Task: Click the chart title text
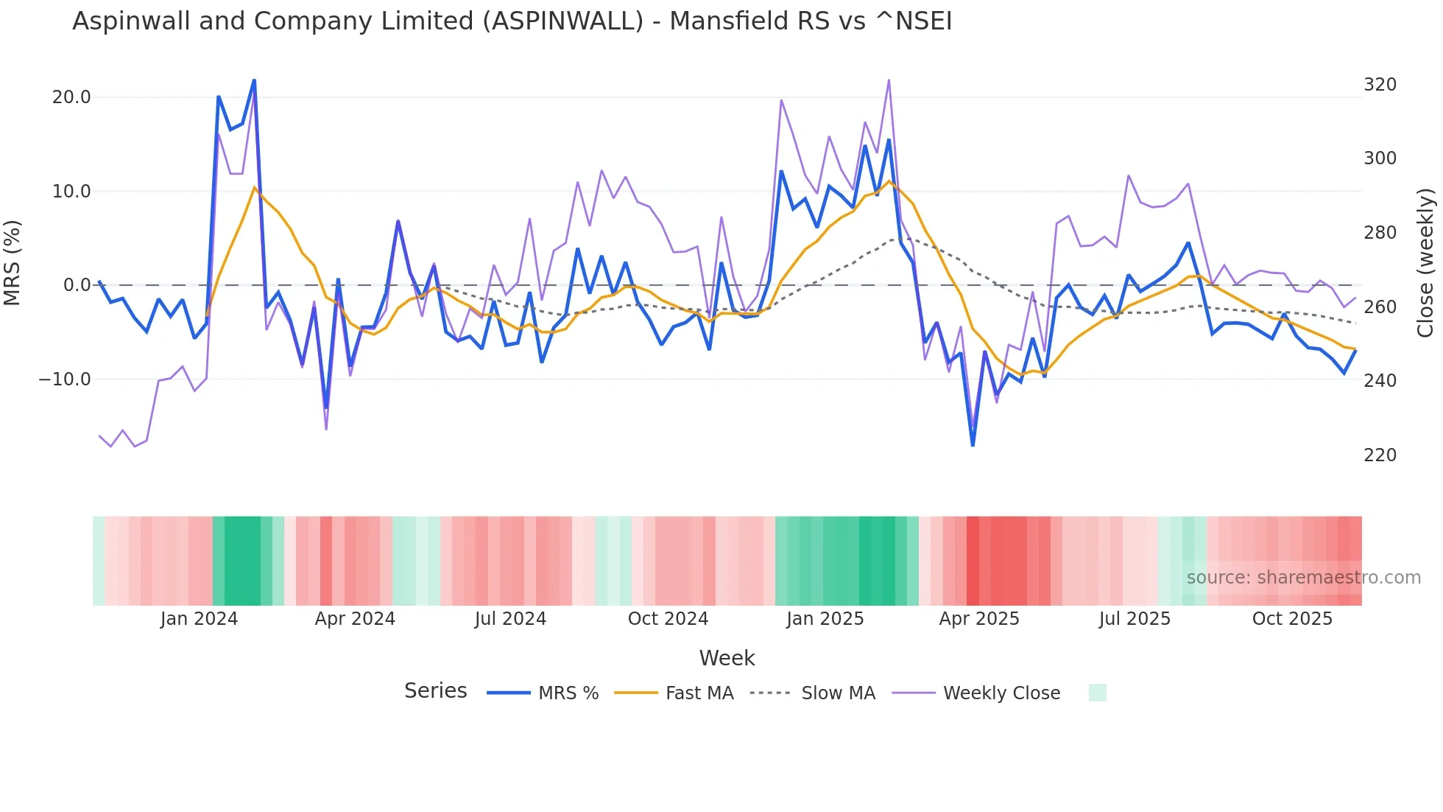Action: [x=512, y=21]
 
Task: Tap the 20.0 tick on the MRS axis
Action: [x=71, y=97]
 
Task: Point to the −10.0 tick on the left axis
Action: [x=65, y=379]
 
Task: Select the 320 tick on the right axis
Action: [x=1380, y=85]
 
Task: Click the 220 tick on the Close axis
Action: [x=1380, y=455]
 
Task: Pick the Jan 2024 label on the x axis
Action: [x=199, y=619]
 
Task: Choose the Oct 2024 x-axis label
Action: [x=668, y=619]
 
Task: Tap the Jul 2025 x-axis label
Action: [x=1135, y=619]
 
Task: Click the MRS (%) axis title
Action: [x=13, y=262]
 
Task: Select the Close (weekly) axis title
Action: [x=1426, y=262]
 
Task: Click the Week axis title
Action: [x=727, y=658]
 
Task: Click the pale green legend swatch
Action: [x=1097, y=693]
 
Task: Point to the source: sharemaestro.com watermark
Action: [x=1303, y=578]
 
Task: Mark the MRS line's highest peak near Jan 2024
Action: [x=254, y=80]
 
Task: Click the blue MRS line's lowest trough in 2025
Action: [x=973, y=445]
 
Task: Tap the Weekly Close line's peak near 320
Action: [x=889, y=80]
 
